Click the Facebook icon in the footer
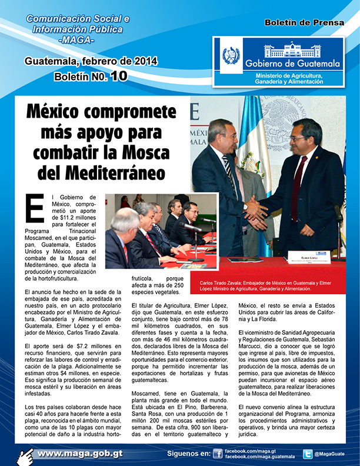click(217, 454)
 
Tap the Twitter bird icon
click(307, 454)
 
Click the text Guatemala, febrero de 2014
click(90, 61)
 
